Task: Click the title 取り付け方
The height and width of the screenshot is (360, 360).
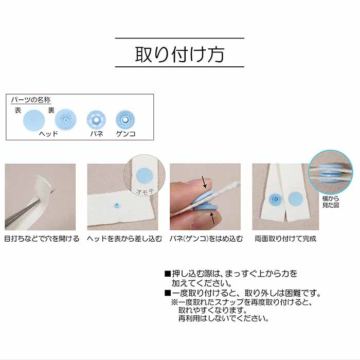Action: tap(179, 55)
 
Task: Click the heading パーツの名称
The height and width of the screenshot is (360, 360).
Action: tap(31, 100)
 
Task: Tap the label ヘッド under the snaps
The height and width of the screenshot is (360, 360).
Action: tap(48, 134)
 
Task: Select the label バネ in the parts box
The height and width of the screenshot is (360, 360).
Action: tap(97, 134)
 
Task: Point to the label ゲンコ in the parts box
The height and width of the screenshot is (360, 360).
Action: tap(125, 134)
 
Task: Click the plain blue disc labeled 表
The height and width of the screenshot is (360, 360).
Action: tap(34, 120)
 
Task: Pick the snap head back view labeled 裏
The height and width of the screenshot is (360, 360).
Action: tap(66, 120)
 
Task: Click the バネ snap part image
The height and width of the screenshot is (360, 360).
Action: tap(96, 120)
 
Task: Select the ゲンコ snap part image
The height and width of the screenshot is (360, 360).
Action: tap(125, 120)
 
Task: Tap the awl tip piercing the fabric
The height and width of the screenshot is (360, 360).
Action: tap(54, 190)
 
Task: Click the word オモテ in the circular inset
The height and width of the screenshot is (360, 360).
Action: tap(145, 191)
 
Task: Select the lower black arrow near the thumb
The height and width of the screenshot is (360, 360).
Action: tap(213, 218)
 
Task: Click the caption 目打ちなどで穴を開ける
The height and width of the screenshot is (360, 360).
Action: tap(42, 239)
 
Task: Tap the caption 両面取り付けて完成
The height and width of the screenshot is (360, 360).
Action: tap(285, 239)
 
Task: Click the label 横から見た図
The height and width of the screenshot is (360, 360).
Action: tap(331, 202)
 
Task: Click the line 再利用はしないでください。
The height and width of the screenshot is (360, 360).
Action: tap(224, 318)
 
